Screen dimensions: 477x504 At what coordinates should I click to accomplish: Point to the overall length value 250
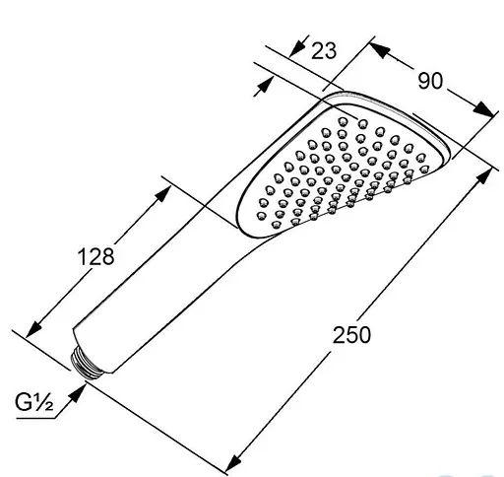pyautogui.click(x=352, y=334)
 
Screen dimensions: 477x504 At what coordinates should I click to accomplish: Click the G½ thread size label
pyautogui.click(x=32, y=402)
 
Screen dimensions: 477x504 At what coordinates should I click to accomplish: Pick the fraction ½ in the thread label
pyautogui.click(x=44, y=402)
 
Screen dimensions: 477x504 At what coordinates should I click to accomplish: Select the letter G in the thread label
pyautogui.click(x=24, y=402)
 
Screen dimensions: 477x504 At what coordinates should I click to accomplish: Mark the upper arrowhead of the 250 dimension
pyautogui.click(x=485, y=172)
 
